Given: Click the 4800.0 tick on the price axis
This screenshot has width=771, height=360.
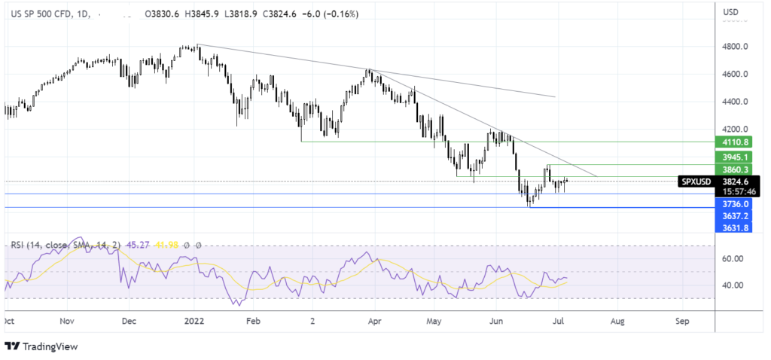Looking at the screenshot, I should coord(734,47).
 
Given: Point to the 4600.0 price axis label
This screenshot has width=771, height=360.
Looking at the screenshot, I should coord(734,75).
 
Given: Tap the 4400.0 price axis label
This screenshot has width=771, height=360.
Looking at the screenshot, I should coord(734,102).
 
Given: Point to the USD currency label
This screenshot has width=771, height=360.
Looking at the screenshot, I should coord(730,12).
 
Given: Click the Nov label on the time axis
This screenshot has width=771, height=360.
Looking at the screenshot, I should coord(67,321).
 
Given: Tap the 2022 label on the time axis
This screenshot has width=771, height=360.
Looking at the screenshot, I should coord(194,321).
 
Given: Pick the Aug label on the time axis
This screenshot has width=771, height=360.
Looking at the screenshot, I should coord(617,321).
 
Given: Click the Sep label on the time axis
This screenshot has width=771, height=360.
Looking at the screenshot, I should coord(682,321).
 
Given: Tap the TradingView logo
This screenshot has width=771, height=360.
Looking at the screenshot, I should coord(41,346).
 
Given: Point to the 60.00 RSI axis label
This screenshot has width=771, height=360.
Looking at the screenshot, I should coord(733,258).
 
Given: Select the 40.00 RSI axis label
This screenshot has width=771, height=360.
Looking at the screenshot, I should coord(733,285).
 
